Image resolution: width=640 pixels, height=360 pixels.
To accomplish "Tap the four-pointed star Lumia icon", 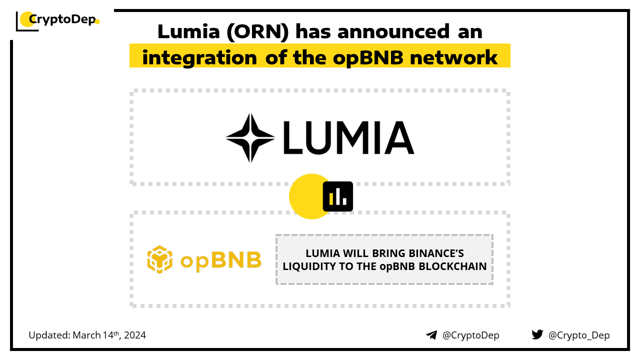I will [250, 137].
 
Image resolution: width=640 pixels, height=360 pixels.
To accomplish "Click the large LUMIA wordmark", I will [348, 137].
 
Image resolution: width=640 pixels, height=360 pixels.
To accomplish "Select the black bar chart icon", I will [338, 196].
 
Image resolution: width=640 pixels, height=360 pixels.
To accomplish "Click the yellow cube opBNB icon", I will [159, 259].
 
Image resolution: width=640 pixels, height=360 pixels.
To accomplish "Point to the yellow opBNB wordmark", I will [220, 260].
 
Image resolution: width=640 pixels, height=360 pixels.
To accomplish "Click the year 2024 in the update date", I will [134, 335].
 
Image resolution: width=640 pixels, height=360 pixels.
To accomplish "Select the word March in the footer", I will [86, 335].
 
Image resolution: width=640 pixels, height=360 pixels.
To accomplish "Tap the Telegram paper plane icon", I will [431, 335].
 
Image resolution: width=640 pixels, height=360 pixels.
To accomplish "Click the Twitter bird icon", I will [537, 334].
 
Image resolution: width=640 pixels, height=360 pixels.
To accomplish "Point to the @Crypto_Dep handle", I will [579, 335].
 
